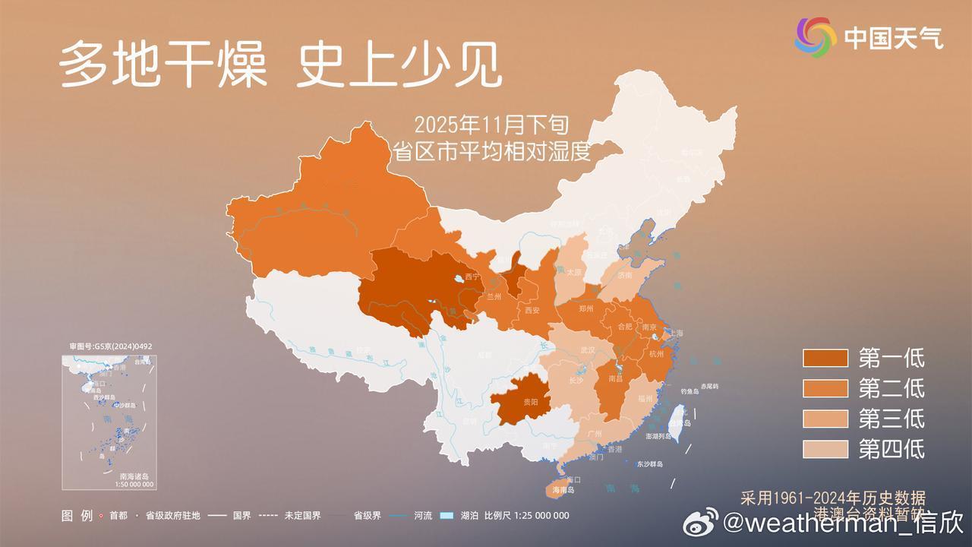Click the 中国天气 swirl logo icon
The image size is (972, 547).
(x=816, y=37)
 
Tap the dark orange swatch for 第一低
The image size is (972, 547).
(x=825, y=358)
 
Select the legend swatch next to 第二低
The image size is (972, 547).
(x=825, y=388)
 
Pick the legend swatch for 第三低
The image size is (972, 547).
(x=825, y=419)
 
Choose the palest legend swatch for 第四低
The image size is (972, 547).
(x=825, y=449)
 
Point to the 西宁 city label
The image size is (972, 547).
(x=472, y=277)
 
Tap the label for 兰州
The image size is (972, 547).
(x=494, y=296)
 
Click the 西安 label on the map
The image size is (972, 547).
(x=532, y=310)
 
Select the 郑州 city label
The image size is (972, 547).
(x=585, y=309)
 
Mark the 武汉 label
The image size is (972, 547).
(x=587, y=350)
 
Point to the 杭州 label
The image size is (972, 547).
(x=656, y=353)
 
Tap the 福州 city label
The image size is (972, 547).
(x=645, y=398)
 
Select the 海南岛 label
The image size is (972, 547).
(x=563, y=490)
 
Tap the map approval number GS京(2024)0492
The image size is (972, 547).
(x=111, y=346)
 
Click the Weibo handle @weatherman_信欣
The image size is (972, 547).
(x=843, y=523)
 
